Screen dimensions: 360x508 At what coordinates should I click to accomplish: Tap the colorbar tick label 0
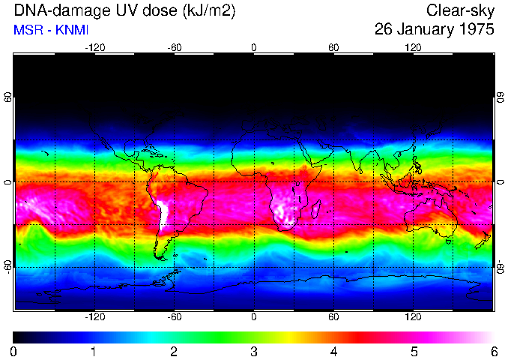tap(13, 351)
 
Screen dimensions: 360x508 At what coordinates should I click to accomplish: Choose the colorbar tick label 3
tap(253, 351)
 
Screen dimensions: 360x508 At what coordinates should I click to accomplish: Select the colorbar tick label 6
tap(493, 351)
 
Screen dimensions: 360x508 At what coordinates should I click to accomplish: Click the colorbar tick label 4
tap(333, 351)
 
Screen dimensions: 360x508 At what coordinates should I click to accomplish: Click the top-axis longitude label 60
tap(333, 47)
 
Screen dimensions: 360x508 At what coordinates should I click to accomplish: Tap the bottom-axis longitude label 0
tap(253, 318)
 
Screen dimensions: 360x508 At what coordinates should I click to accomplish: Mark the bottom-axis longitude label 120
tap(413, 318)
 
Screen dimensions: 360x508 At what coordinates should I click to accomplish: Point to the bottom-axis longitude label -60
tap(174, 318)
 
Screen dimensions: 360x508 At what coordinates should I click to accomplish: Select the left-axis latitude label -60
tap(7, 267)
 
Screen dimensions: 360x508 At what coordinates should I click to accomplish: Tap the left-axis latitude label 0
tap(7, 182)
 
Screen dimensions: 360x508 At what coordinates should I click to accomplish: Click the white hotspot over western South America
tap(163, 214)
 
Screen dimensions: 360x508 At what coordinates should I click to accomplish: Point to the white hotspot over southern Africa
tap(285, 205)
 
